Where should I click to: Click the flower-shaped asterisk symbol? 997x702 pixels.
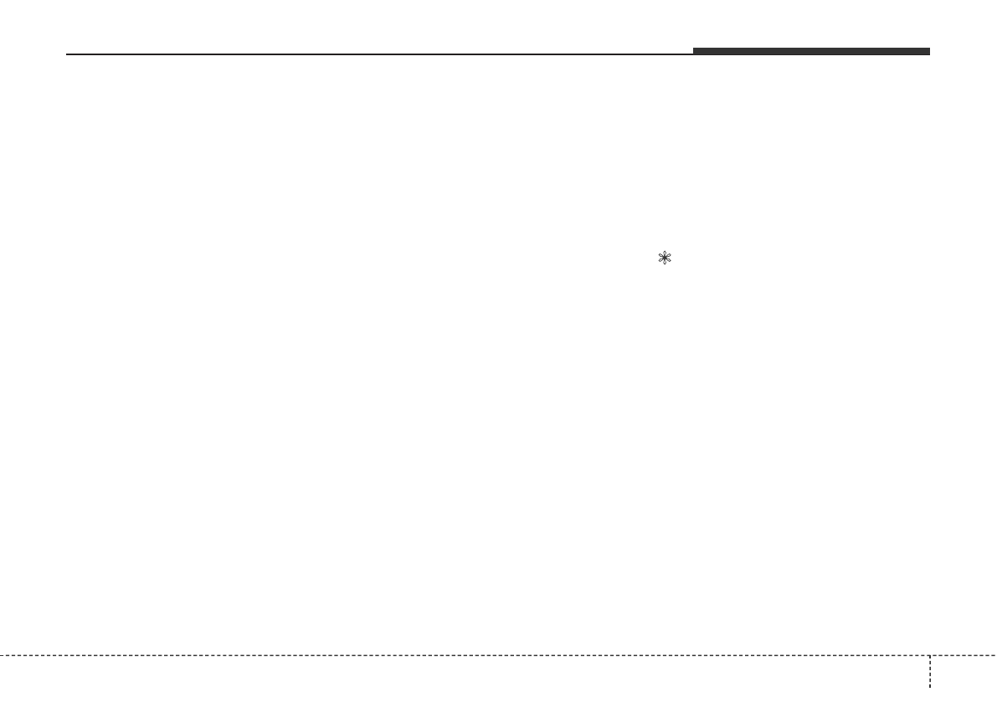coord(666,259)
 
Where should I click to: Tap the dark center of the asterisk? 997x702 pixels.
coord(666,259)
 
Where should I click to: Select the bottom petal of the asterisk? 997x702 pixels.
coord(666,264)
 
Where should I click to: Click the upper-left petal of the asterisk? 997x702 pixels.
coord(661,255)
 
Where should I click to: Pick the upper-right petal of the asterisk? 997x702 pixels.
coord(670,255)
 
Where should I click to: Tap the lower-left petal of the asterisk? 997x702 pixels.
coord(661,262)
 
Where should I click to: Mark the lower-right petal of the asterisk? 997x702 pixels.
coord(670,262)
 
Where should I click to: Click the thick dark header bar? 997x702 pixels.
coord(810,52)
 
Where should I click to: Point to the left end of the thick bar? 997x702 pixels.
coord(695,52)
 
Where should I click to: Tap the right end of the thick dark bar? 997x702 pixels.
coord(928,52)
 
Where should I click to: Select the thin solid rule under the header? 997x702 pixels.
coord(377,55)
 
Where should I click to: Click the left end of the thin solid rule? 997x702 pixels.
coord(68,55)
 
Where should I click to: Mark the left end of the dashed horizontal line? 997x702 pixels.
coord(3,654)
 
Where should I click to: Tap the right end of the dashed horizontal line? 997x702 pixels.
coord(994,654)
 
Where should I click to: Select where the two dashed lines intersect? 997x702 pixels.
coord(929,654)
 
